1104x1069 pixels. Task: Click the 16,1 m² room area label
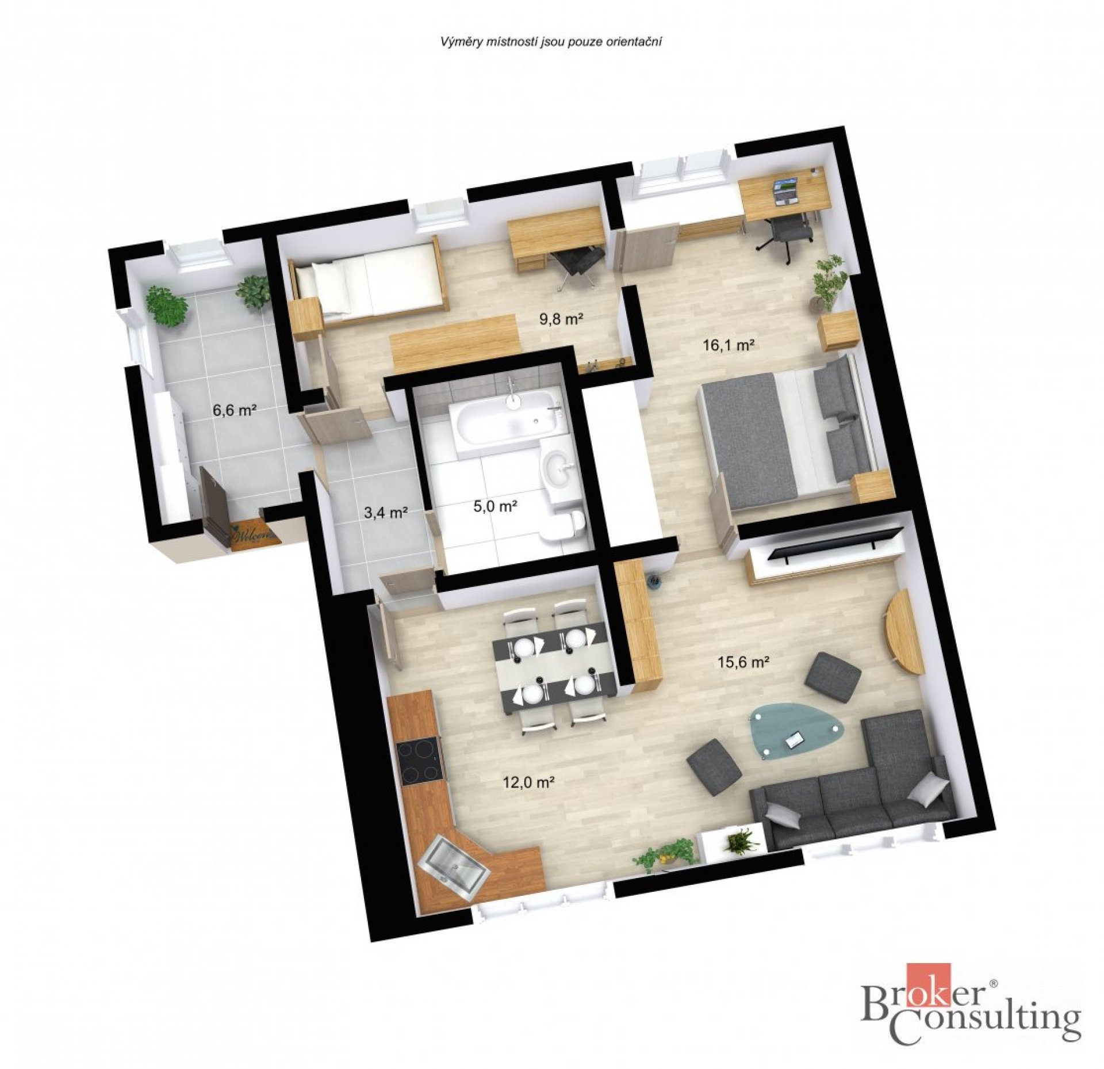(729, 345)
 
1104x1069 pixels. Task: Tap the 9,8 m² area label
(562, 318)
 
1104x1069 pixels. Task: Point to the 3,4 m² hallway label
(386, 511)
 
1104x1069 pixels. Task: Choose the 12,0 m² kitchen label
(529, 781)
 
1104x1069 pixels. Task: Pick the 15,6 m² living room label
(743, 662)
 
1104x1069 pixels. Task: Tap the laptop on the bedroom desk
(785, 190)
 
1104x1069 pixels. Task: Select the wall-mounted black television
(837, 543)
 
